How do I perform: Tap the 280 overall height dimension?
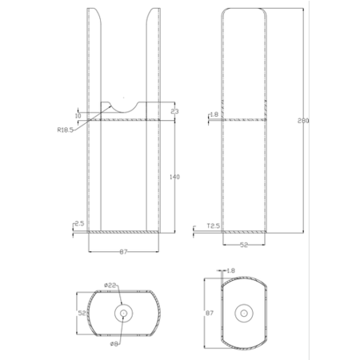coord(302,122)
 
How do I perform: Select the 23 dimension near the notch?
coord(174,111)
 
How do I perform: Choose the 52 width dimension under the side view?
coord(244,246)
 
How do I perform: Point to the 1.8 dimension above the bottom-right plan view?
coord(231,270)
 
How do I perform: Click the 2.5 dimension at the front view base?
coord(78,225)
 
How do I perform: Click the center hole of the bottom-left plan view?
coord(122,312)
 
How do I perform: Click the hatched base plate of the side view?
coord(244,232)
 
